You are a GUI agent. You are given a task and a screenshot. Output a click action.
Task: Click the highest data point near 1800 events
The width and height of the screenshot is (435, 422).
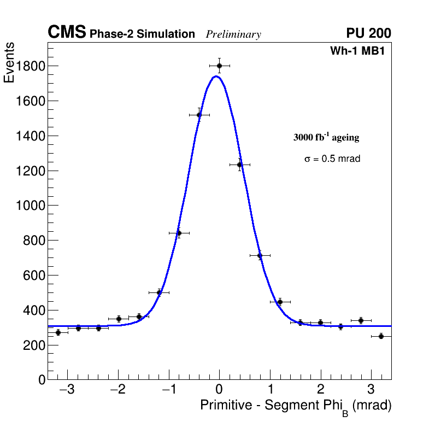[219, 66]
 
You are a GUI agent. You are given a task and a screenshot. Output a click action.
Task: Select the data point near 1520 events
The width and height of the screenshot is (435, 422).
[199, 115]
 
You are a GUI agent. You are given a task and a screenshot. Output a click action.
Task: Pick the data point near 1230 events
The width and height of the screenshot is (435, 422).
[239, 165]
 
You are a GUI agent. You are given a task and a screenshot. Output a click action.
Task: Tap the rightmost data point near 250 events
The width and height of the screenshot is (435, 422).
[381, 336]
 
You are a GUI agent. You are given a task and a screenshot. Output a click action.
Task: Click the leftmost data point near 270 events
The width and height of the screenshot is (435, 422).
[58, 332]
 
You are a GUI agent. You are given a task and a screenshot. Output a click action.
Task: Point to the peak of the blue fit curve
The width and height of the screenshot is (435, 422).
[216, 76]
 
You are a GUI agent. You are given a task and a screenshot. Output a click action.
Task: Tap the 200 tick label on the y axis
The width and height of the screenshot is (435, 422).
[34, 345]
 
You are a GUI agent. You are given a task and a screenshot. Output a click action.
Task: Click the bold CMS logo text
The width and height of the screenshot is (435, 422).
[67, 33]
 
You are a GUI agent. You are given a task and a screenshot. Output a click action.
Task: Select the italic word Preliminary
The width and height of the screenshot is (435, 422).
[233, 34]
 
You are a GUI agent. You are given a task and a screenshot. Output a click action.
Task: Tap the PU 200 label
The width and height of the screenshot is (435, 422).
[369, 33]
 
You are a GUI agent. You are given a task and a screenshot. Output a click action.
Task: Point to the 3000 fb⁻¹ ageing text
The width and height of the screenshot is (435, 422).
[326, 137]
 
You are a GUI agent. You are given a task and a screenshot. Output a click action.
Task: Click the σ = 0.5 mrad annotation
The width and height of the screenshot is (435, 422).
[332, 159]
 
